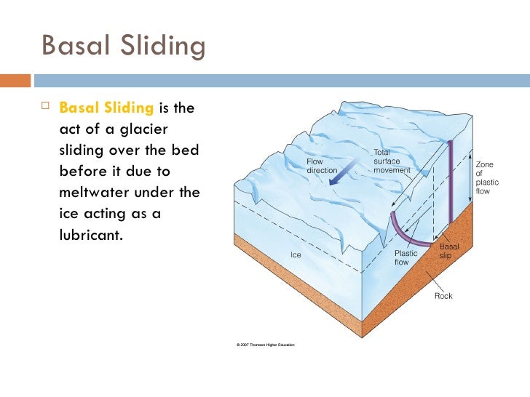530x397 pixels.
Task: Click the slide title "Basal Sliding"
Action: [x=124, y=47]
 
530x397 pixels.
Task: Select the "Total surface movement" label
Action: [x=392, y=161]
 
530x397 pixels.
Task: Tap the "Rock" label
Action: [x=443, y=296]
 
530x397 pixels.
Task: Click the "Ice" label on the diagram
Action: [x=296, y=256]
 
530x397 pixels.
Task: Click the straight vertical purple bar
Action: [x=451, y=182]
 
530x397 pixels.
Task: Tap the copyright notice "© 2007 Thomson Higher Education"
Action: [x=265, y=345]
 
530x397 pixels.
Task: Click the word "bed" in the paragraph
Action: [x=186, y=150]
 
